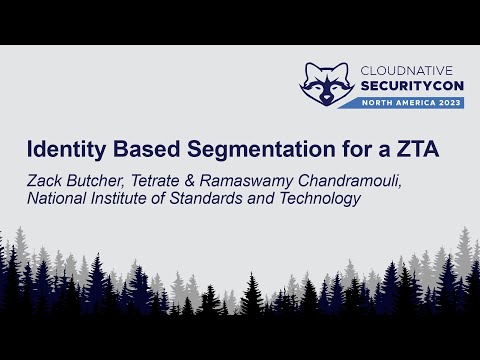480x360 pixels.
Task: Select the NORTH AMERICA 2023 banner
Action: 411,104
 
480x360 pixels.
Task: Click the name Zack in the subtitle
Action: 45,180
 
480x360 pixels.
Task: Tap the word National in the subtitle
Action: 56,198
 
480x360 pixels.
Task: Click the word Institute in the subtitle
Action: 125,198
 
